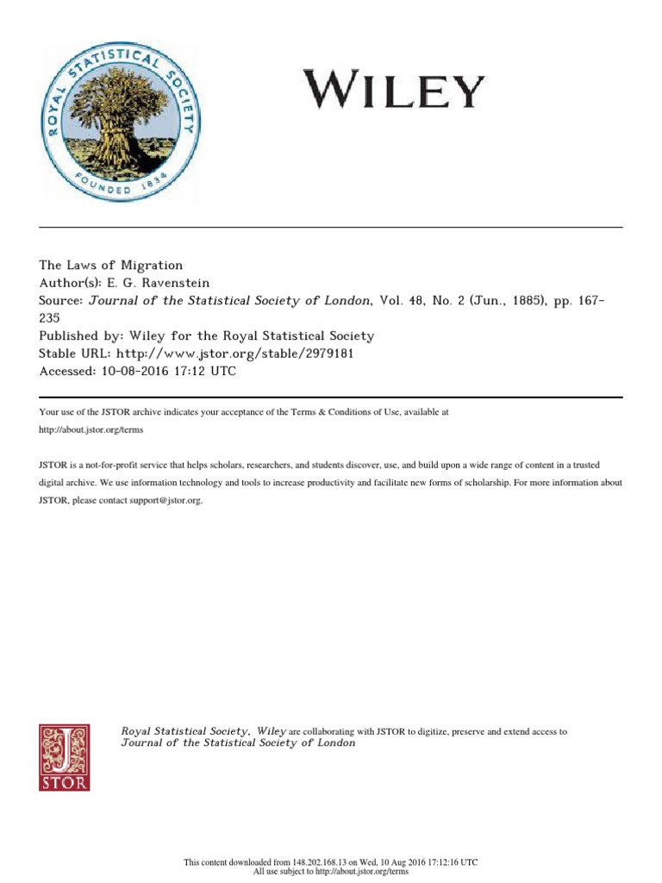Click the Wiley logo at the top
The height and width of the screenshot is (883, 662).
[393, 89]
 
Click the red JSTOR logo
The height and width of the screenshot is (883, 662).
[65, 756]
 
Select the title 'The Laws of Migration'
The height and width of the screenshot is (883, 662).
[111, 266]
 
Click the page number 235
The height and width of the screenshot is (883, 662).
[52, 318]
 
